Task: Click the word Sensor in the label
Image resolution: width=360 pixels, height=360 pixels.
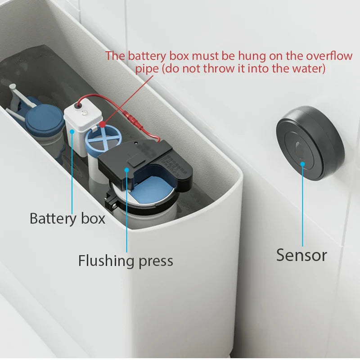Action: (301, 255)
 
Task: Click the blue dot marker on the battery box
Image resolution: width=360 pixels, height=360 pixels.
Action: (72, 131)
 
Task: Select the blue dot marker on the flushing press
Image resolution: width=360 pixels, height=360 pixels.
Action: (127, 170)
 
